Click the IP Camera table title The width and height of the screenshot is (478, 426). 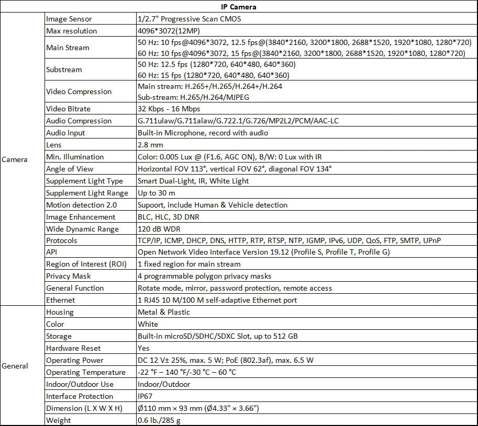coord(239,7)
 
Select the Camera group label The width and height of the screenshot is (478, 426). coord(15,159)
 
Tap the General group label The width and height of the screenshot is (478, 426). coord(15,366)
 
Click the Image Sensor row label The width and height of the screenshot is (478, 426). coord(65,19)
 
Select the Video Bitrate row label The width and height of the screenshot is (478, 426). coord(68,109)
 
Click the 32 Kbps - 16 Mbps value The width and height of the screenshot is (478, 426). coord(169,109)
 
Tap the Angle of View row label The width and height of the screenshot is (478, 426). coord(70,169)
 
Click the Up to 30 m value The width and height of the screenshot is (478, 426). coord(156,193)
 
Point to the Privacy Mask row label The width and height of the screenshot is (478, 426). coord(69,276)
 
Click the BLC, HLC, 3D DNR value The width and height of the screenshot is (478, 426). coord(168,217)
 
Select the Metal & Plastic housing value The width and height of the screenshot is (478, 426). coord(164,312)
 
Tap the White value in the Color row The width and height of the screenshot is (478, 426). coord(148,324)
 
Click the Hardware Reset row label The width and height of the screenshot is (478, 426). coord(73,348)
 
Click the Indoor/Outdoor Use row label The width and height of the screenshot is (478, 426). coord(80,384)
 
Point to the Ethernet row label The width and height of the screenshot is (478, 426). coord(61,300)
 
